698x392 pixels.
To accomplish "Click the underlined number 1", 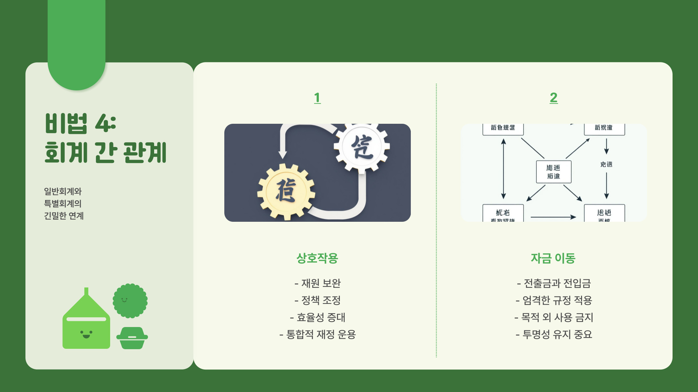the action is (x=317, y=98).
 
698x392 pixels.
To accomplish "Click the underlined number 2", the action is (x=553, y=98).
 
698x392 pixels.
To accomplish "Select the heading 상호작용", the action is (x=317, y=258).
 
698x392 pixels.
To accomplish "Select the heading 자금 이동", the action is (x=553, y=258).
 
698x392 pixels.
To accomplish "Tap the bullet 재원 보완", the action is (x=317, y=283).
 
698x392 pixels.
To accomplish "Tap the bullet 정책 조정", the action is (x=317, y=300).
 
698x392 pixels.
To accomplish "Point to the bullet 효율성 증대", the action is (x=317, y=317).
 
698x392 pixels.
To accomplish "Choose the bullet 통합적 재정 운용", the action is (x=317, y=334).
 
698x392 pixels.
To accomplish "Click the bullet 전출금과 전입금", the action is (x=554, y=283).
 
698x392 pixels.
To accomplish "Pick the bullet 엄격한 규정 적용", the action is (x=554, y=300).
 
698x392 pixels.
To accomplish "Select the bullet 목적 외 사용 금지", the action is (x=554, y=317).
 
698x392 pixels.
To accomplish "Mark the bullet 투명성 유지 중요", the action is (x=554, y=334).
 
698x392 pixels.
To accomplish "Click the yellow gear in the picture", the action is (x=286, y=191).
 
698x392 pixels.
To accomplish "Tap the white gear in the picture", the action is (x=362, y=147).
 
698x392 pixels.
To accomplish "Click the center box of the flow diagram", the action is (x=553, y=172).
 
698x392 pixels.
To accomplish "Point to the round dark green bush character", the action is (x=130, y=301).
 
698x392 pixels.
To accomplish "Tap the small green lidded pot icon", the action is (x=132, y=338).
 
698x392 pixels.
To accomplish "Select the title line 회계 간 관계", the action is (x=105, y=153).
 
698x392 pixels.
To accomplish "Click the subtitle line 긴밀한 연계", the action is (x=64, y=216).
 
